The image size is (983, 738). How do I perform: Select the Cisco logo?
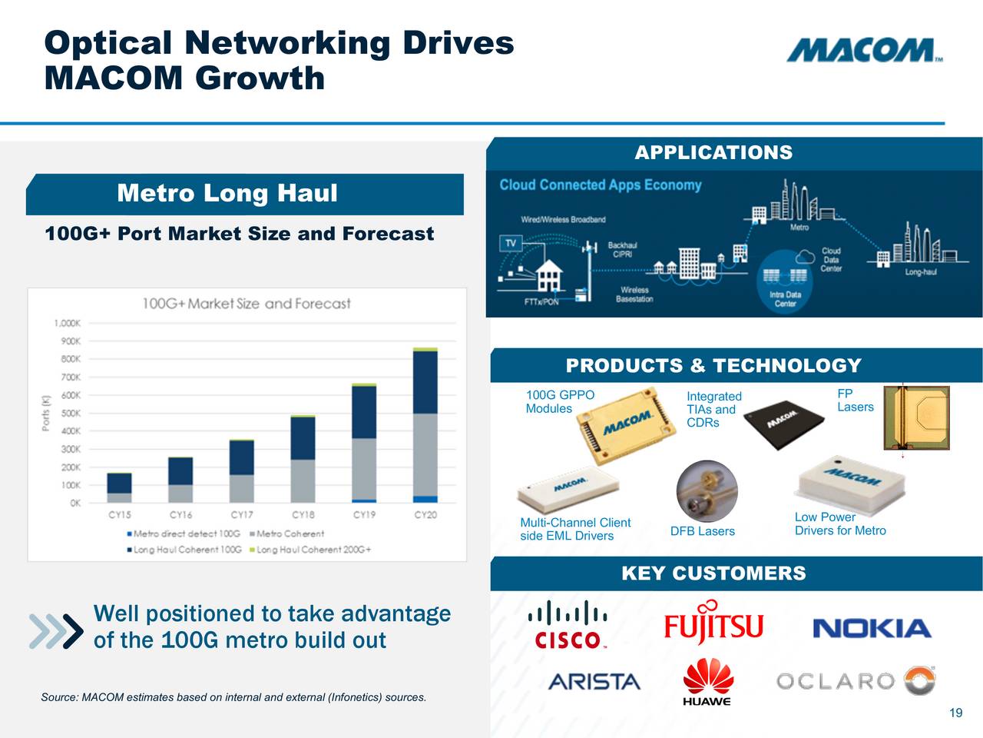tap(568, 624)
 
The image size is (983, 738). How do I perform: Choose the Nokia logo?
tap(872, 629)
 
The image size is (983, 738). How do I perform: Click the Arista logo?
tap(594, 681)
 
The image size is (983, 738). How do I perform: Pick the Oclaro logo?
tap(855, 681)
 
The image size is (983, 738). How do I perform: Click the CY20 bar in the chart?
tap(425, 426)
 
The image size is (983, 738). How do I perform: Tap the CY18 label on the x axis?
tap(303, 515)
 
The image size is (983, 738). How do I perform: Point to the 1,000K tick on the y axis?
tap(67, 323)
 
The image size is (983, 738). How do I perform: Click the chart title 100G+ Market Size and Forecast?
tap(246, 304)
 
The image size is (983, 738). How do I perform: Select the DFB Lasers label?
tap(702, 531)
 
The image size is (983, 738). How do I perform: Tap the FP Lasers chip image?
tap(916, 417)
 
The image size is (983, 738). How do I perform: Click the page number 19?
tap(955, 713)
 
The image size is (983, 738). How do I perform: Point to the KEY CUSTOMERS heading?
tap(713, 573)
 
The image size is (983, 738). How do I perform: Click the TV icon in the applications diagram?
tap(510, 244)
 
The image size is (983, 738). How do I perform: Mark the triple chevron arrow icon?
tap(55, 631)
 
